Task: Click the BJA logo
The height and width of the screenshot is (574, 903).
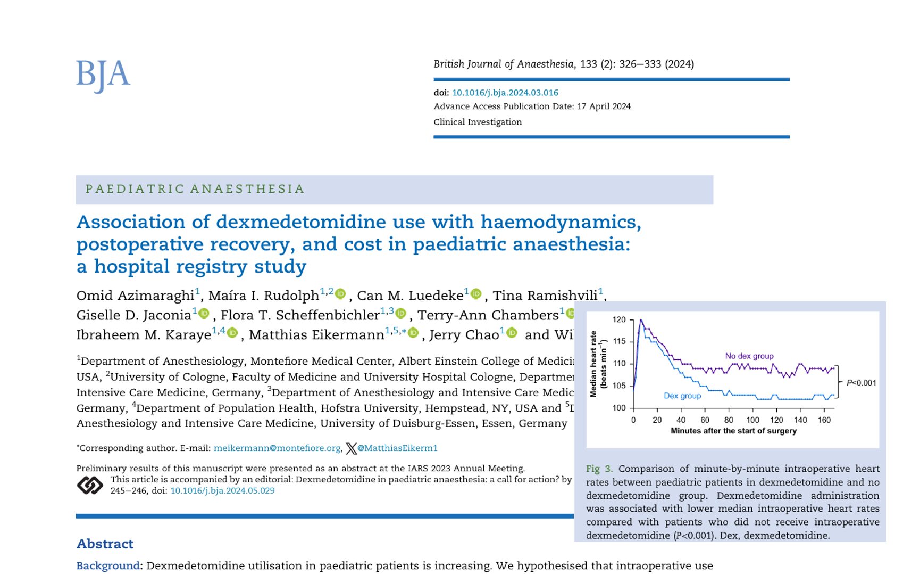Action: click(103, 75)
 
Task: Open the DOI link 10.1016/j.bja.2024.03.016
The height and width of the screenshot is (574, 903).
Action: click(505, 93)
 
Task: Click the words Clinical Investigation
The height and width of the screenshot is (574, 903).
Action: click(477, 122)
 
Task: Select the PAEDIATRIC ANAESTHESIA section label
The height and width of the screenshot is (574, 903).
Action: click(195, 189)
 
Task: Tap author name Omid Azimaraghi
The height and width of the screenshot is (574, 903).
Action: click(135, 296)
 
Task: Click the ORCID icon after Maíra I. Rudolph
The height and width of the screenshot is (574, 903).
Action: click(340, 294)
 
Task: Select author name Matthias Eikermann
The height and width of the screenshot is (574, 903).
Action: click(316, 335)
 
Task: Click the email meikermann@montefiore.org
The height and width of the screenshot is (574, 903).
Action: click(277, 448)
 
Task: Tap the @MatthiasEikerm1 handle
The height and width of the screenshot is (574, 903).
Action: click(397, 448)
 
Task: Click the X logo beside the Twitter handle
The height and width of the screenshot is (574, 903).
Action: click(351, 448)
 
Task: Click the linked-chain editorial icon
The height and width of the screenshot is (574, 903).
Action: click(90, 485)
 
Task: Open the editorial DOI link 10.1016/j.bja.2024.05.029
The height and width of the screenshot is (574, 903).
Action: click(222, 490)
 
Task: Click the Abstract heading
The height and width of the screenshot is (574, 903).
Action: click(105, 544)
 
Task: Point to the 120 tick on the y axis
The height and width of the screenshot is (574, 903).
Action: click(619, 319)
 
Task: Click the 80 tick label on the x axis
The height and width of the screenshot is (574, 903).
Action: click(729, 420)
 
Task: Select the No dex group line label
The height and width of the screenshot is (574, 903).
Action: click(749, 356)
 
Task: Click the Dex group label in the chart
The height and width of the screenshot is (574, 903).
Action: click(682, 396)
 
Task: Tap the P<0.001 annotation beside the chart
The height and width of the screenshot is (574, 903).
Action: click(861, 382)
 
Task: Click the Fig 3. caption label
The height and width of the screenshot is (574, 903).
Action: click(599, 469)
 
